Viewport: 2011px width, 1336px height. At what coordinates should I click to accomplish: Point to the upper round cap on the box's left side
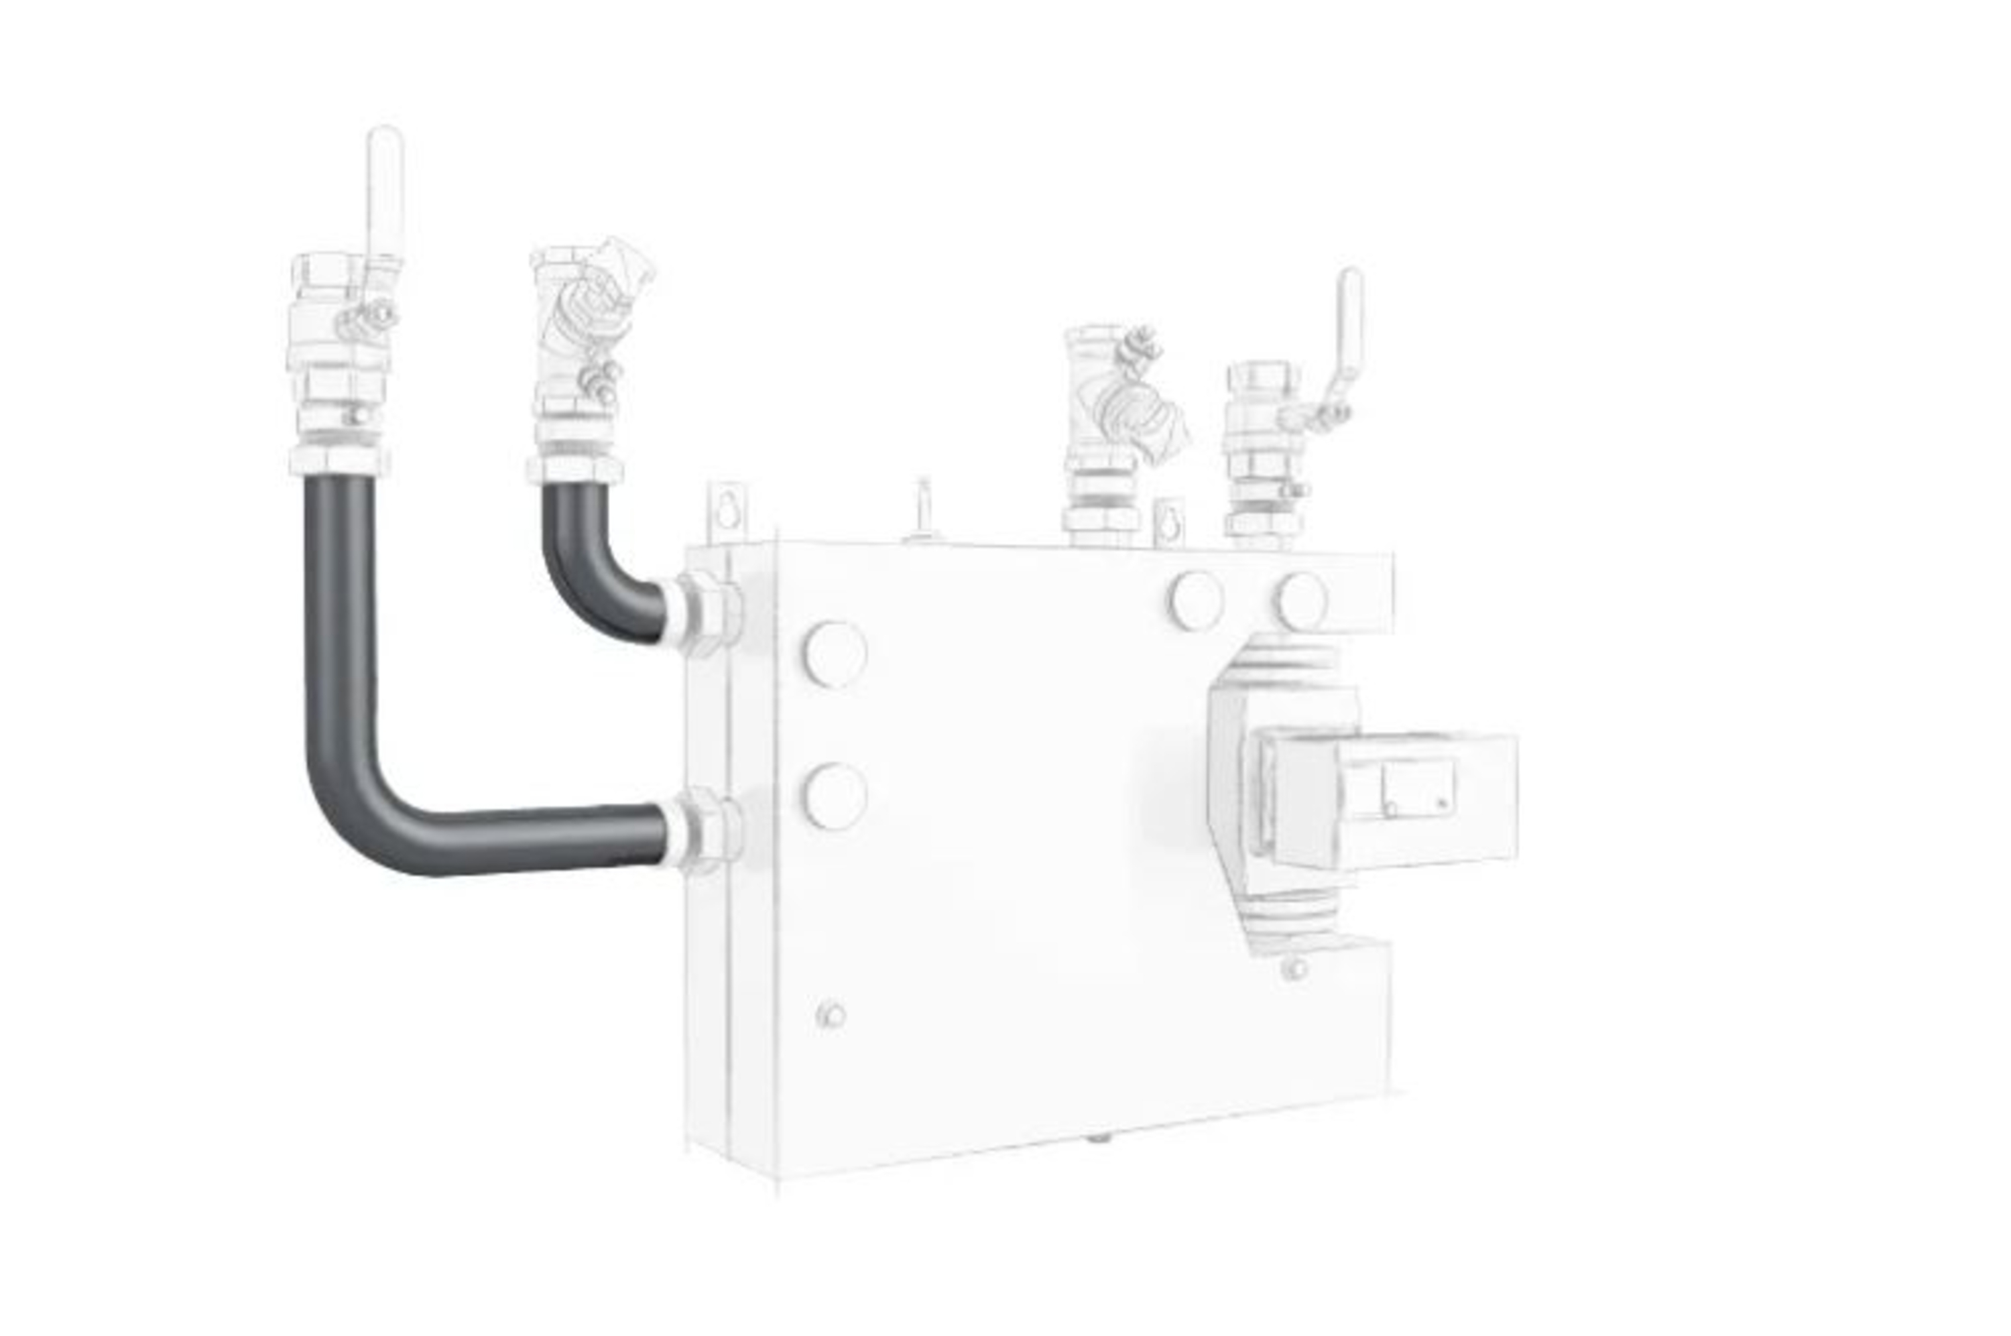pos(834,653)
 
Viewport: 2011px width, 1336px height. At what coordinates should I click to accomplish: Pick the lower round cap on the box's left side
pos(834,795)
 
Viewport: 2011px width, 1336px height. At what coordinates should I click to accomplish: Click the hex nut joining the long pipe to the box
pos(709,830)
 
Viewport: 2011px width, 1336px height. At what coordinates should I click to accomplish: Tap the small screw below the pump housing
pos(1294,969)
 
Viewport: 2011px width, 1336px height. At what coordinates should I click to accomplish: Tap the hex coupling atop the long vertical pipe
pos(339,460)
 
